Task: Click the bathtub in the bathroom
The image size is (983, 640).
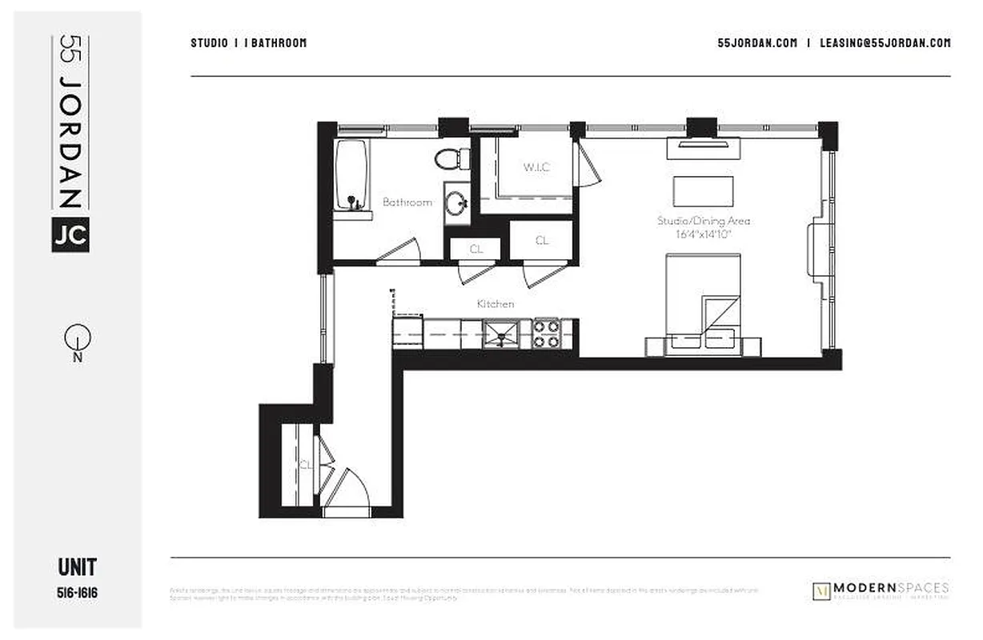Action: pyautogui.click(x=351, y=174)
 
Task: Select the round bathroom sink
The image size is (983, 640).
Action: pyautogui.click(x=457, y=203)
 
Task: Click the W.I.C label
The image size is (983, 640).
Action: pyautogui.click(x=536, y=167)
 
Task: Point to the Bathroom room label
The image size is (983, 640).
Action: pyautogui.click(x=407, y=202)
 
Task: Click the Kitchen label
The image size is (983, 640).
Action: pyautogui.click(x=496, y=304)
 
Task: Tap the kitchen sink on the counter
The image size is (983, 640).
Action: pyautogui.click(x=500, y=333)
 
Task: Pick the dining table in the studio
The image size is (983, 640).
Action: pyautogui.click(x=703, y=191)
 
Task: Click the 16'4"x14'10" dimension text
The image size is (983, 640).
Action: pyautogui.click(x=703, y=234)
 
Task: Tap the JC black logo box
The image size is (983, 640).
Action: pyautogui.click(x=70, y=234)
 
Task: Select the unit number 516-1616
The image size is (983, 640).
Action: pyautogui.click(x=78, y=593)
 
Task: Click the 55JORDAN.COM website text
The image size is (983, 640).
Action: pyautogui.click(x=757, y=43)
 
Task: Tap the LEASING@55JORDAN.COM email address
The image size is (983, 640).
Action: pyautogui.click(x=885, y=43)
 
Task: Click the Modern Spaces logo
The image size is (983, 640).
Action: pyautogui.click(x=881, y=590)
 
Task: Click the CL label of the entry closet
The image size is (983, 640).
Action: pyautogui.click(x=305, y=464)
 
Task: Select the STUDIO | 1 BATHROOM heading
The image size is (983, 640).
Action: pyautogui.click(x=248, y=43)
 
